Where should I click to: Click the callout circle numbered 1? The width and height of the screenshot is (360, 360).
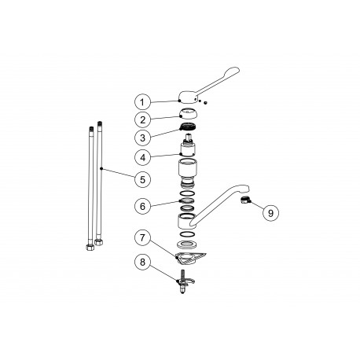point(142,102)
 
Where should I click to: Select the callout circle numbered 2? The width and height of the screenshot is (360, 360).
point(142,119)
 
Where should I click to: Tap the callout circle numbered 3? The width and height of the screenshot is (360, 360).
point(142,138)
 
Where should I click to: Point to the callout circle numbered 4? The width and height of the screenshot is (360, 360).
point(142,156)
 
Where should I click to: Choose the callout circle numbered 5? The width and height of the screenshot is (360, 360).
point(142,179)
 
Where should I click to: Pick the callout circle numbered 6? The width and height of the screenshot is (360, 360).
point(142,206)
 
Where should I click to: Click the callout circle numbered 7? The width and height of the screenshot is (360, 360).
point(142,237)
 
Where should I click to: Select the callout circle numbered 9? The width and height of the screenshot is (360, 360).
point(270,211)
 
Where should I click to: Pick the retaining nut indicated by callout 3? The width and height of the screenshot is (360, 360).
point(187,127)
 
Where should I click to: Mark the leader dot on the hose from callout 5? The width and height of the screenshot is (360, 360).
point(101,167)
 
